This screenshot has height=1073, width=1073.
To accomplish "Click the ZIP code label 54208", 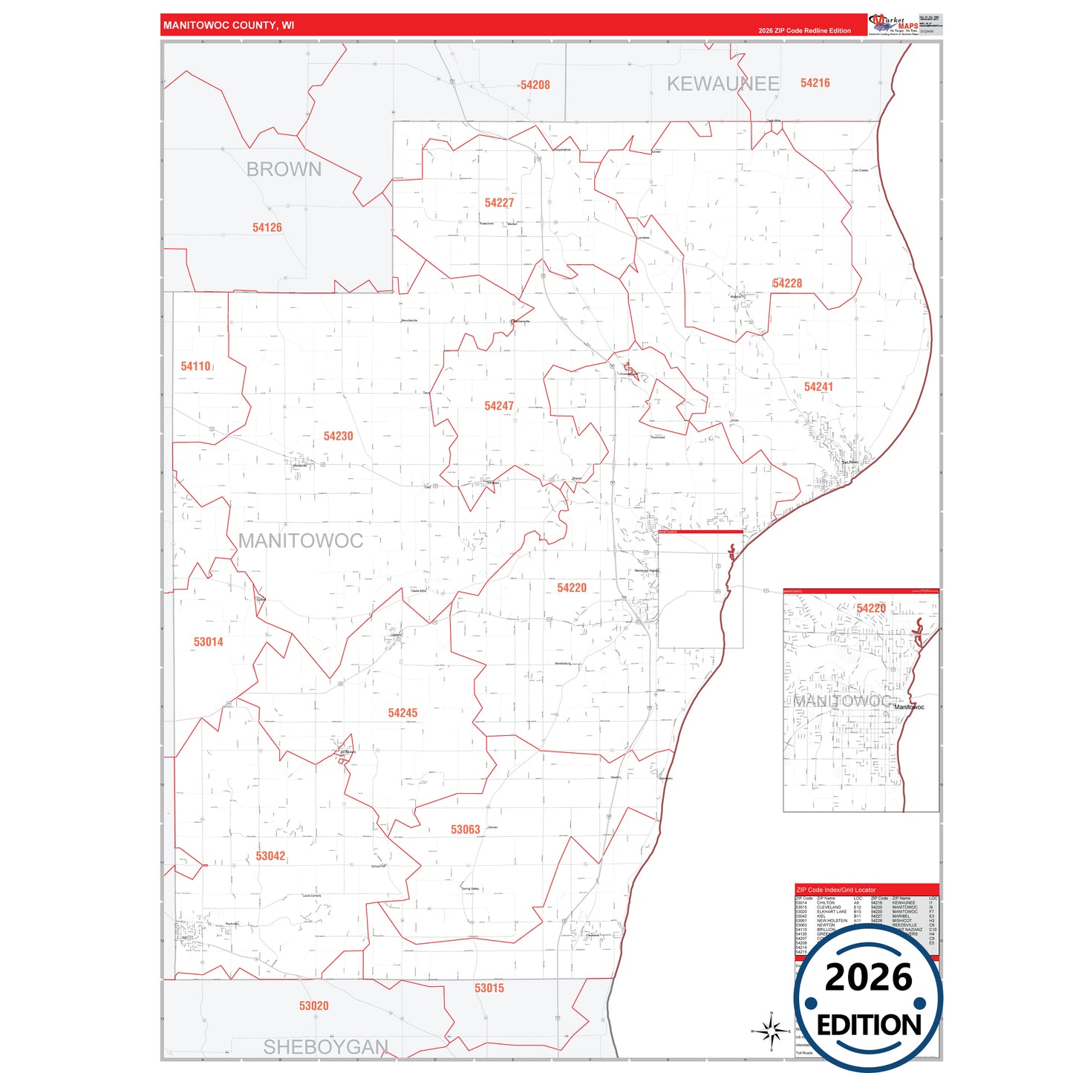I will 535,85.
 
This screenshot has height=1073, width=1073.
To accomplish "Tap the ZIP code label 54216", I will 815,83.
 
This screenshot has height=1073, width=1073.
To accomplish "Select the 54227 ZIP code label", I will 499,203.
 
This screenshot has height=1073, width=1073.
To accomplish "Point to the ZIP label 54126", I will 267,228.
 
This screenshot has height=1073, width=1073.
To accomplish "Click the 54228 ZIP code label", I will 787,284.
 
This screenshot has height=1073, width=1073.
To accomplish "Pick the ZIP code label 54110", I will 195,366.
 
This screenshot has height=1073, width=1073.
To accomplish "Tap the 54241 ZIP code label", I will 818,387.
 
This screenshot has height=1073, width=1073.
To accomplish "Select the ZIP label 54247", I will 499,406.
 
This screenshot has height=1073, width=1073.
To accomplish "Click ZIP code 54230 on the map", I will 338,436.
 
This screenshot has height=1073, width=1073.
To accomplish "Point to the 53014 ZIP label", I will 208,642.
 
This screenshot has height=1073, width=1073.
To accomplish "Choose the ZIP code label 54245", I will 402,713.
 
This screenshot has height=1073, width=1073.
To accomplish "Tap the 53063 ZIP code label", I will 466,829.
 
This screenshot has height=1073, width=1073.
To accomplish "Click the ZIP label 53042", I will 270,856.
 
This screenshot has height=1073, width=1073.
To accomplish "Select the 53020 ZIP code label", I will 313,1006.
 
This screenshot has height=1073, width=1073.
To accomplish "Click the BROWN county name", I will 284,169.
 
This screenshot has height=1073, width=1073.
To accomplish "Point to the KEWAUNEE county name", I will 723,84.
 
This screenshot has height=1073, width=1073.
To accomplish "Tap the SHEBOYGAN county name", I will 325,1047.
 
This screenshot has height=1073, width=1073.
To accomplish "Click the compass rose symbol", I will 771,1031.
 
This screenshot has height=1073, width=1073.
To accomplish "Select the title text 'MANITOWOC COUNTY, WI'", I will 229,25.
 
